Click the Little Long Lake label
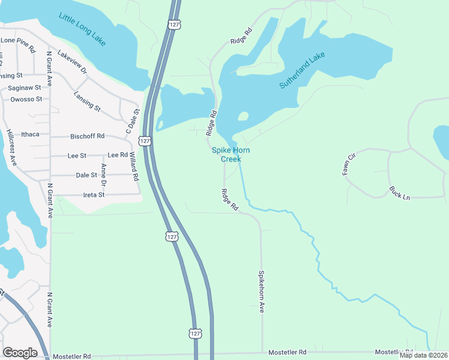click(x=82, y=28)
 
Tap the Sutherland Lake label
click(x=302, y=71)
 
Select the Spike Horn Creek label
click(x=231, y=155)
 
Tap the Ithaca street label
click(x=29, y=134)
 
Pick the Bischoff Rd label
click(x=88, y=136)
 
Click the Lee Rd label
click(x=118, y=155)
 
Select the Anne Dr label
click(x=104, y=174)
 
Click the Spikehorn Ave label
click(x=262, y=290)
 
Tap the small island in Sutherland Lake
click(x=243, y=116)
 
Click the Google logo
click(x=20, y=352)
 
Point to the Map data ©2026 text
click(x=423, y=355)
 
